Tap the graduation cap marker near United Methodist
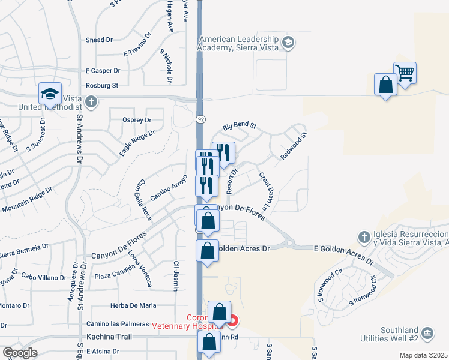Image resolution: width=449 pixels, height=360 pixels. [x=50, y=95]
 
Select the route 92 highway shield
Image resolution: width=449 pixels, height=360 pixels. [x=200, y=119]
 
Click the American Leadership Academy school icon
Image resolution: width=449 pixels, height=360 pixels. [x=288, y=42]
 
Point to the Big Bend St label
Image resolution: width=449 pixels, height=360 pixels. [x=239, y=127]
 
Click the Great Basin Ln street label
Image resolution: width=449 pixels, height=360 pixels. [x=266, y=193]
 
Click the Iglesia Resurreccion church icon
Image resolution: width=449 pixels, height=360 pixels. [x=363, y=237]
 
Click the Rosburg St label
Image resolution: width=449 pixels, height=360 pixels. [x=103, y=86]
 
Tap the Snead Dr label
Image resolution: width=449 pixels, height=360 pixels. [x=100, y=40]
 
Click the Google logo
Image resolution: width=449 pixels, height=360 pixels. [x=20, y=353]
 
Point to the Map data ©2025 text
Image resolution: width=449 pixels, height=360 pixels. [x=424, y=355]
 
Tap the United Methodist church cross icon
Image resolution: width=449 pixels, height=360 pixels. [x=91, y=101]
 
